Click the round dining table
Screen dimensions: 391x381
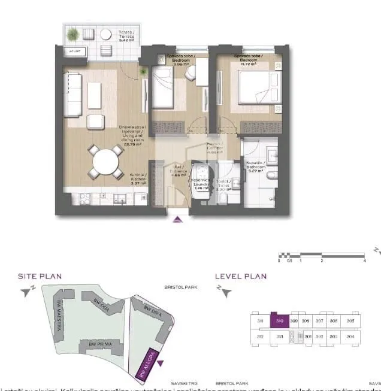[x=105, y=160]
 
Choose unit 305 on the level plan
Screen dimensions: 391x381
[x=350, y=321]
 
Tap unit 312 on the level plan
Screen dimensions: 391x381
[x=261, y=337]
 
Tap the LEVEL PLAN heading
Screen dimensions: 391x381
[x=241, y=276]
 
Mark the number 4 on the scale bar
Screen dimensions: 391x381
[x=364, y=261]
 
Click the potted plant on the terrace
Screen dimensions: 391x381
[x=74, y=34]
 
